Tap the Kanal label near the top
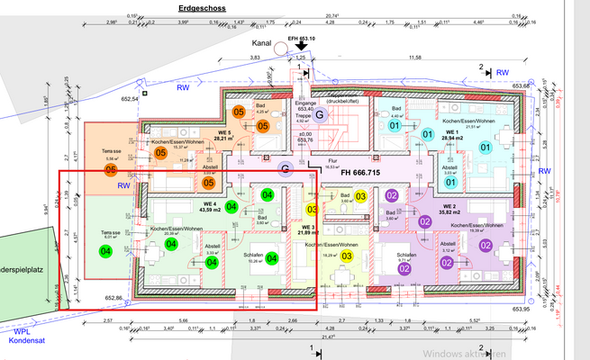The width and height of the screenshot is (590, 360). click(x=261, y=41)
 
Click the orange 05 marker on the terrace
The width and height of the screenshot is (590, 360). click(x=110, y=169)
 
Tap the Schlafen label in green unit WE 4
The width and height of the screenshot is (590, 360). click(x=254, y=256)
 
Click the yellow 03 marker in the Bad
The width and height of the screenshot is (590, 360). click(x=359, y=196)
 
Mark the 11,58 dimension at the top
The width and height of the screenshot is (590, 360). click(x=414, y=57)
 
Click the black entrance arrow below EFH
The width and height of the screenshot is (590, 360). click(x=301, y=47)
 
